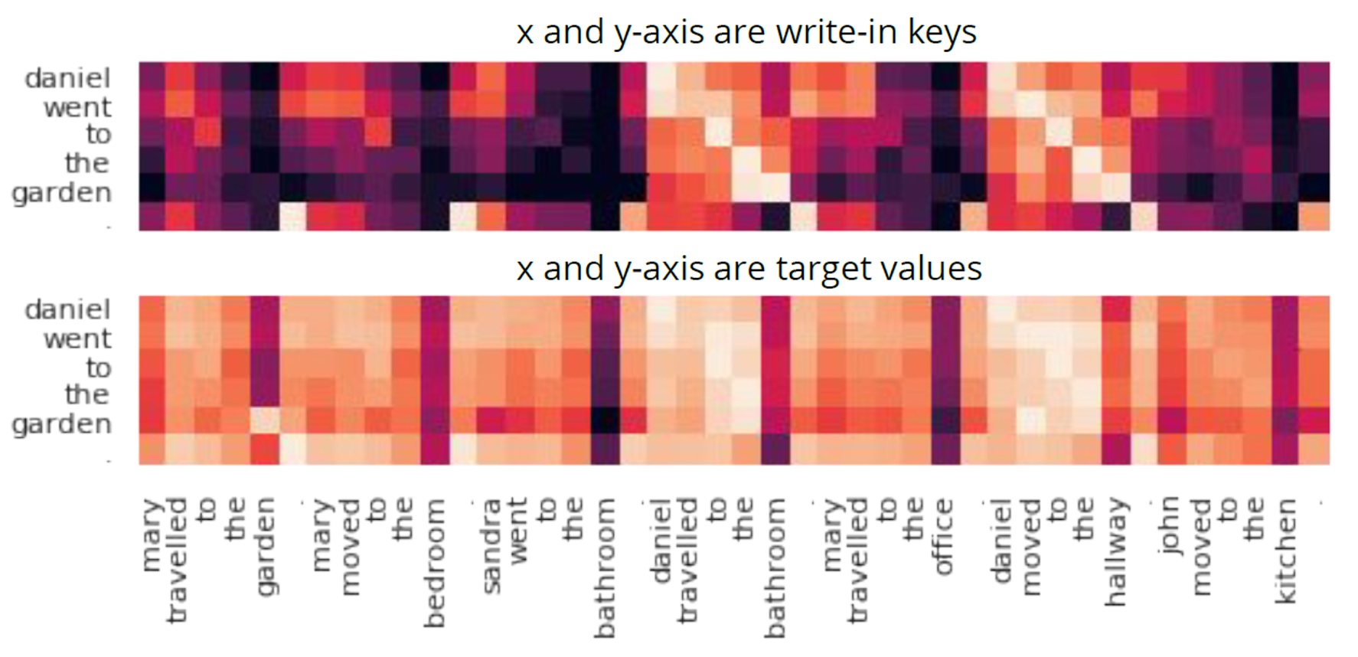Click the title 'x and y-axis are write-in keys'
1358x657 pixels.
pyautogui.click(x=746, y=32)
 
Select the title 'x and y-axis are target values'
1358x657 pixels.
pyautogui.click(x=749, y=269)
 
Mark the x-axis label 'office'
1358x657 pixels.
pyautogui.click(x=945, y=536)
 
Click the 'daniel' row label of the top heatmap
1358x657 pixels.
pyautogui.click(x=67, y=78)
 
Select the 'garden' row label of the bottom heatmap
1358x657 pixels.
pyautogui.click(x=61, y=423)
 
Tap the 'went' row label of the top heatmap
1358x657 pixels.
pyautogui.click(x=77, y=107)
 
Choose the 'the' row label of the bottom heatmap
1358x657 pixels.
pyautogui.click(x=87, y=395)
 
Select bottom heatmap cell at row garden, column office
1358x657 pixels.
pyautogui.click(x=945, y=421)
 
